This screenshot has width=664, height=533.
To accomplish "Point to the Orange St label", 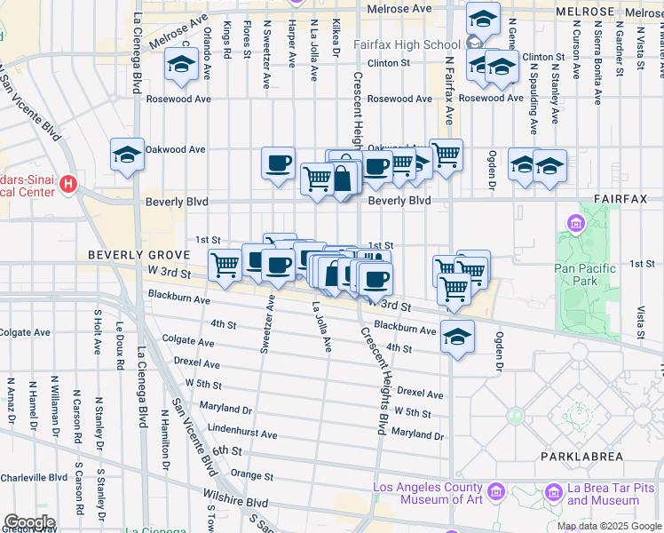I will point(251,475).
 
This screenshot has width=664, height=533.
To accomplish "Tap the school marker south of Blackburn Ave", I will point(457,337).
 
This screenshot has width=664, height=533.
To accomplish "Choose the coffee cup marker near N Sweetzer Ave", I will point(279,163).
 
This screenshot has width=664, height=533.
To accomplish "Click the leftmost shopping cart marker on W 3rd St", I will point(225,264).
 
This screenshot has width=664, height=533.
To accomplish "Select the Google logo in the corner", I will point(29,522).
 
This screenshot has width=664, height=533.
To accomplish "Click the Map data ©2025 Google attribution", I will point(609,526).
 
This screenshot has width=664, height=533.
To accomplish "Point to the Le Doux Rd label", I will point(118,341).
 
